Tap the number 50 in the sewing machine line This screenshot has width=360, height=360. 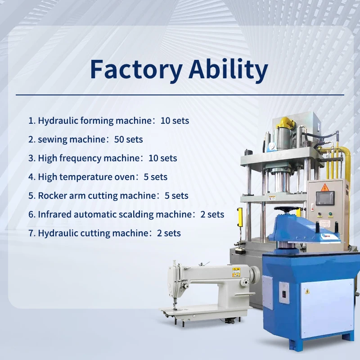(119, 139)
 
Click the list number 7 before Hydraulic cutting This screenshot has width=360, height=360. (31, 233)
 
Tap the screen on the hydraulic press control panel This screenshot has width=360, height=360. (324, 198)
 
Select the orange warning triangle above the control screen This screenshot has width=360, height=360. (324, 186)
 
